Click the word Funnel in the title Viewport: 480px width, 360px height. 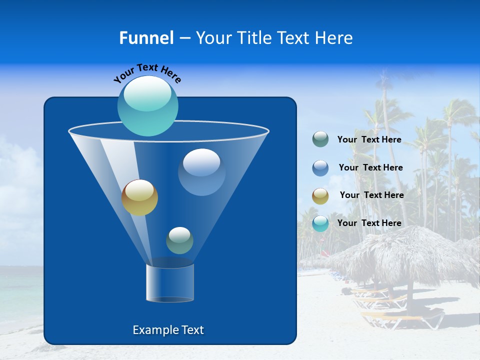click(x=146, y=38)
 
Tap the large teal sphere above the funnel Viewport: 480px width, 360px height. click(x=148, y=105)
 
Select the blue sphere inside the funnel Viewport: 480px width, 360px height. click(x=201, y=171)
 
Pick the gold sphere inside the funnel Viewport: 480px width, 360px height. click(x=139, y=197)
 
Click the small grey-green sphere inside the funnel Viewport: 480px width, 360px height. click(x=179, y=240)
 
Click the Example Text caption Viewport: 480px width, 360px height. click(x=168, y=330)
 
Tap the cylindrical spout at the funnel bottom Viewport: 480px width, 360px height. click(x=169, y=283)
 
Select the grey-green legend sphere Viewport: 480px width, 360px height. click(x=320, y=139)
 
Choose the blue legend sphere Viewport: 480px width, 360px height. click(x=320, y=167)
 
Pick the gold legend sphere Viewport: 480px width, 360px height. click(x=320, y=195)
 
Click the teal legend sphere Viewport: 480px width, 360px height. click(x=320, y=223)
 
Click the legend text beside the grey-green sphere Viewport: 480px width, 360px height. click(x=369, y=139)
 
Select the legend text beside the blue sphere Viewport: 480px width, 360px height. click(x=370, y=167)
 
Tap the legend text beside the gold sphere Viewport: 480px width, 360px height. click(x=371, y=195)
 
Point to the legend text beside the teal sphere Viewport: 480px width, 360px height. click(x=369, y=223)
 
